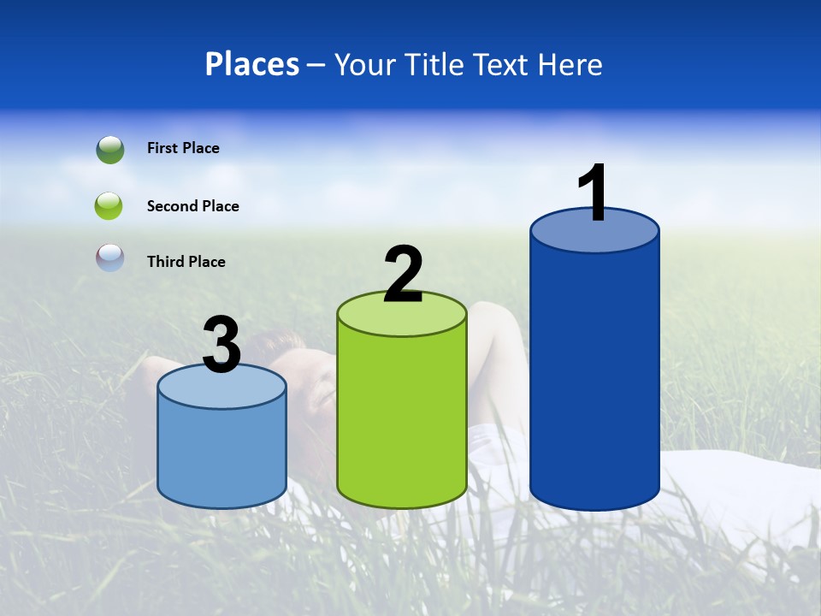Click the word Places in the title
[x=252, y=64]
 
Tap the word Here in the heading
[x=569, y=64]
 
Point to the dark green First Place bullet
[x=110, y=150]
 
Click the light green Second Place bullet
[x=109, y=206]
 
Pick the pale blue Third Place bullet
[x=110, y=258]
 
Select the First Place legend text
[x=183, y=148]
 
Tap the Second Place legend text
[x=192, y=206]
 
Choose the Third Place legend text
[x=186, y=262]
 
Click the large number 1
[x=593, y=192]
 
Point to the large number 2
[x=404, y=275]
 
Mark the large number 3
[x=222, y=345]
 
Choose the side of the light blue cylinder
[x=222, y=453]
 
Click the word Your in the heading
[x=364, y=64]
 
